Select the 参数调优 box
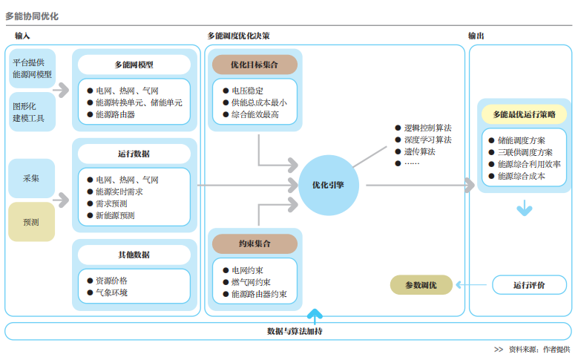[x=421, y=284]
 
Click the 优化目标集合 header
[x=254, y=65]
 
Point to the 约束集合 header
[x=254, y=243]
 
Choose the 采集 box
[x=31, y=178]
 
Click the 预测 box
[x=31, y=222]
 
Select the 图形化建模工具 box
[x=31, y=112]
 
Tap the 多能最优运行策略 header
[x=524, y=114]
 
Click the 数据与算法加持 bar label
[x=295, y=331]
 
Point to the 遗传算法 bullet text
[x=419, y=151]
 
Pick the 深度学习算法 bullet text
[x=427, y=140]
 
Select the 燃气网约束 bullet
[x=251, y=282]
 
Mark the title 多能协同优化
[x=31, y=16]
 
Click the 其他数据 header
[x=134, y=255]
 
